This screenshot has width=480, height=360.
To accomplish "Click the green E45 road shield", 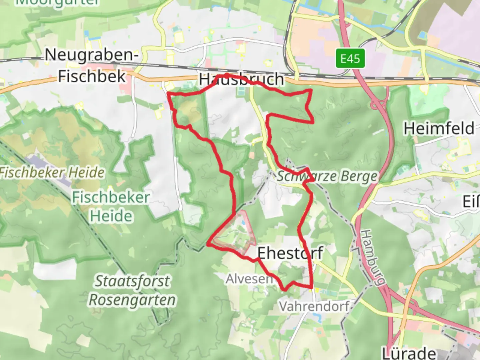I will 350,59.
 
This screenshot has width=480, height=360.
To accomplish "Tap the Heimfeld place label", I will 439,128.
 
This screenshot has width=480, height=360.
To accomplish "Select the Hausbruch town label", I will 242,79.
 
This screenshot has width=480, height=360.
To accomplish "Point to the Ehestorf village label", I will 290,253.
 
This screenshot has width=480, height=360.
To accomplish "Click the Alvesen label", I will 249,279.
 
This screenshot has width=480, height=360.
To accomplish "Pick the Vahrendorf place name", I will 314,306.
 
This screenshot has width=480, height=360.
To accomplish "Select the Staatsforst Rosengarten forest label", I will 132,290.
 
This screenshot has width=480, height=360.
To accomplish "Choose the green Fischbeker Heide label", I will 111,207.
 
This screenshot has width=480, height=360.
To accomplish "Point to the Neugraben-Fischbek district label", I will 92,65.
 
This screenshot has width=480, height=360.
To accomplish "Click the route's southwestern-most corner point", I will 208,245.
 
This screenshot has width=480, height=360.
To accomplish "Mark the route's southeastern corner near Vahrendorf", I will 312,287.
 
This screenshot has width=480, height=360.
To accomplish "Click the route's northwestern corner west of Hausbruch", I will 168,95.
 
